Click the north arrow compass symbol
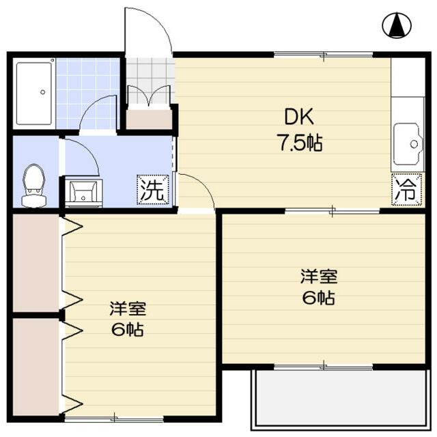click(395, 26)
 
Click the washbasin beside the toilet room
click(83, 191)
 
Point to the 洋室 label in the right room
click(318, 277)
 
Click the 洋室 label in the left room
click(127, 308)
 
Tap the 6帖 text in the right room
click(318, 298)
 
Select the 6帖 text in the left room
click(127, 330)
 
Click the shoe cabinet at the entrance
click(149, 119)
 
